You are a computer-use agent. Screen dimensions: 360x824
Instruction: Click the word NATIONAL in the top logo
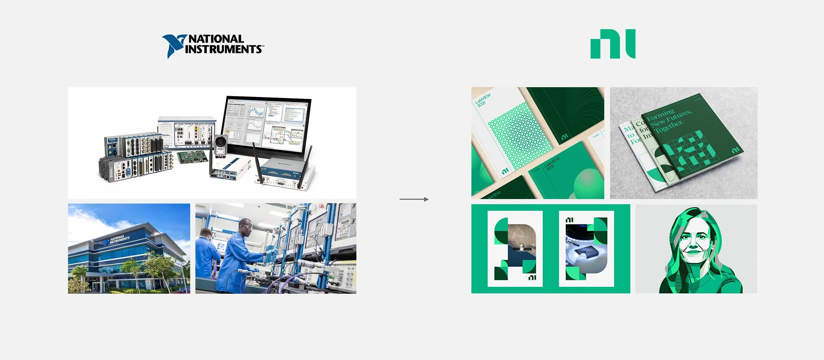(x=216, y=39)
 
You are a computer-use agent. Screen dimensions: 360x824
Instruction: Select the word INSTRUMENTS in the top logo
(x=223, y=49)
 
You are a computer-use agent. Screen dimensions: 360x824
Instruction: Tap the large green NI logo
(x=613, y=44)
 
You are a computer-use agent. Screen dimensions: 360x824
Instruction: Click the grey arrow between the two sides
(x=414, y=199)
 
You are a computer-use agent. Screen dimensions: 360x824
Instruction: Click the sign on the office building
(x=118, y=239)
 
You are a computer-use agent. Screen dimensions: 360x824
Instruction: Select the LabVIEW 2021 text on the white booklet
(x=482, y=100)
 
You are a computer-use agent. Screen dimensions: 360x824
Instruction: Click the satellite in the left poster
(x=522, y=247)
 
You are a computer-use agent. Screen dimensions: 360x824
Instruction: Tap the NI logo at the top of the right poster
(x=570, y=220)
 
